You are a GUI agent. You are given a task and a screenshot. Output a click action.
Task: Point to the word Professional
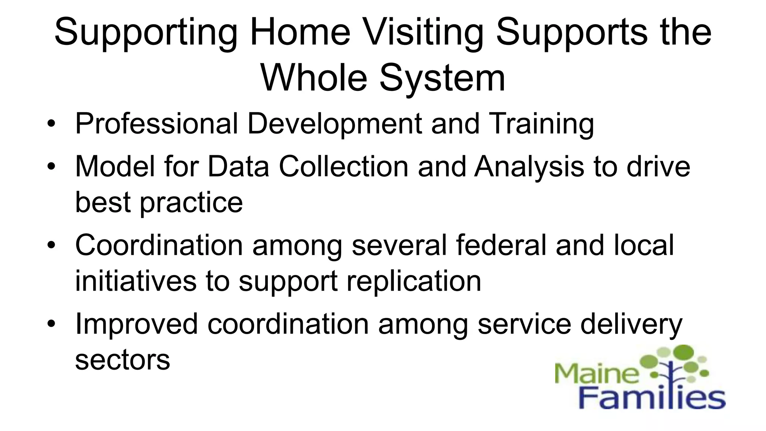pyautogui.click(x=156, y=123)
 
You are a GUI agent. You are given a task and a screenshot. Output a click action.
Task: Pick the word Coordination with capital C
pyautogui.click(x=159, y=245)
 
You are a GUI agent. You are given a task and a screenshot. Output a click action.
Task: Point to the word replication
pyautogui.click(x=414, y=281)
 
